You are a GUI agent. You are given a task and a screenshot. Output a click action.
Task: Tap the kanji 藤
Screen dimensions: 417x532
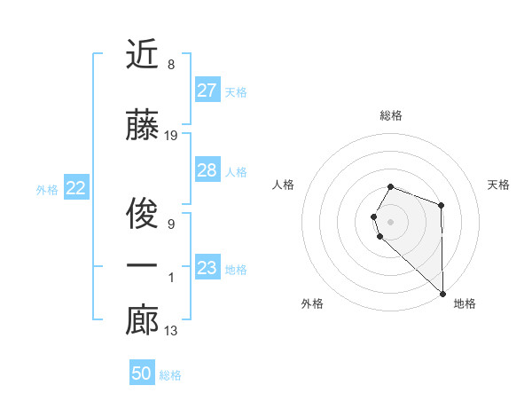click(142, 126)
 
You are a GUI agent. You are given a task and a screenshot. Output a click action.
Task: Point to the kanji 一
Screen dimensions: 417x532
click(142, 267)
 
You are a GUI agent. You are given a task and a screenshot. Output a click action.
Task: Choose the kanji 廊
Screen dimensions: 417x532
click(142, 321)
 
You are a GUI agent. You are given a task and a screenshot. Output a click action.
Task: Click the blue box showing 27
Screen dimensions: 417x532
click(207, 90)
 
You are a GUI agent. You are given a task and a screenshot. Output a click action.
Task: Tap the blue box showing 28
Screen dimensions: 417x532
click(207, 170)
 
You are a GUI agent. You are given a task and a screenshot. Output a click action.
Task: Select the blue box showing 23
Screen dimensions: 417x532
click(207, 268)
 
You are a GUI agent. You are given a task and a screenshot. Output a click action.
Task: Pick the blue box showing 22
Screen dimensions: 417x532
click(76, 188)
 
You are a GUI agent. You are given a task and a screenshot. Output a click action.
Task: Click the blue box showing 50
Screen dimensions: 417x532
click(142, 374)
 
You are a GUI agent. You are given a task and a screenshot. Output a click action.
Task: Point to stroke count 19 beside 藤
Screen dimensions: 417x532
click(171, 136)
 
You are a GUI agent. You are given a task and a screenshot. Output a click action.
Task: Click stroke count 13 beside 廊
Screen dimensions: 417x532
click(171, 331)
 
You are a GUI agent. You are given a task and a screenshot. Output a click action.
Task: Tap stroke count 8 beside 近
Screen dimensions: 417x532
click(170, 65)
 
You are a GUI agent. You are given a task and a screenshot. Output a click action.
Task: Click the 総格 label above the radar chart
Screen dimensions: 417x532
click(391, 115)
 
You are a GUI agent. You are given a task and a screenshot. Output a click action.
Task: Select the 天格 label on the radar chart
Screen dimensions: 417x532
click(498, 185)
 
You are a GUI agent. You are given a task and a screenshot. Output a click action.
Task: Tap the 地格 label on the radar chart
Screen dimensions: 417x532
click(465, 303)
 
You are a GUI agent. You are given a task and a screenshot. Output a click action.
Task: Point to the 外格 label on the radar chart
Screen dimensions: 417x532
click(312, 303)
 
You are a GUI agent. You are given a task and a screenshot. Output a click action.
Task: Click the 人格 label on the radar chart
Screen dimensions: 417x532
click(284, 185)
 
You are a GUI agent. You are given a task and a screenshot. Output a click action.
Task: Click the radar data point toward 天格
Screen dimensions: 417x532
click(441, 206)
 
